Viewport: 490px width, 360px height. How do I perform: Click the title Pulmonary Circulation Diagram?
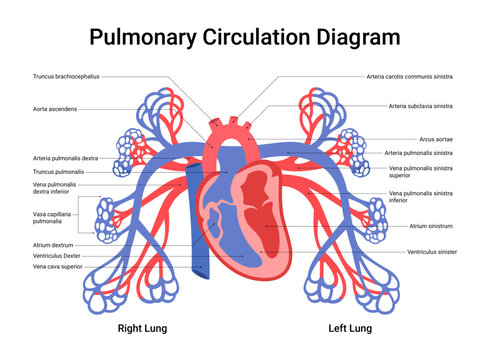(245, 38)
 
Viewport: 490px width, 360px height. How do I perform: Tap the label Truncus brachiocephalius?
(66, 76)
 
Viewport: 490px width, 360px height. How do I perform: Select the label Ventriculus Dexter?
(56, 255)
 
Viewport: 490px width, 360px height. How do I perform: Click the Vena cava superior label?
(57, 267)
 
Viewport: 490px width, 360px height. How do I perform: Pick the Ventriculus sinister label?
(432, 252)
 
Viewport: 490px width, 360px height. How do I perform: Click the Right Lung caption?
(140, 328)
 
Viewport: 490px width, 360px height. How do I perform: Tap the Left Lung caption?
(350, 328)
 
